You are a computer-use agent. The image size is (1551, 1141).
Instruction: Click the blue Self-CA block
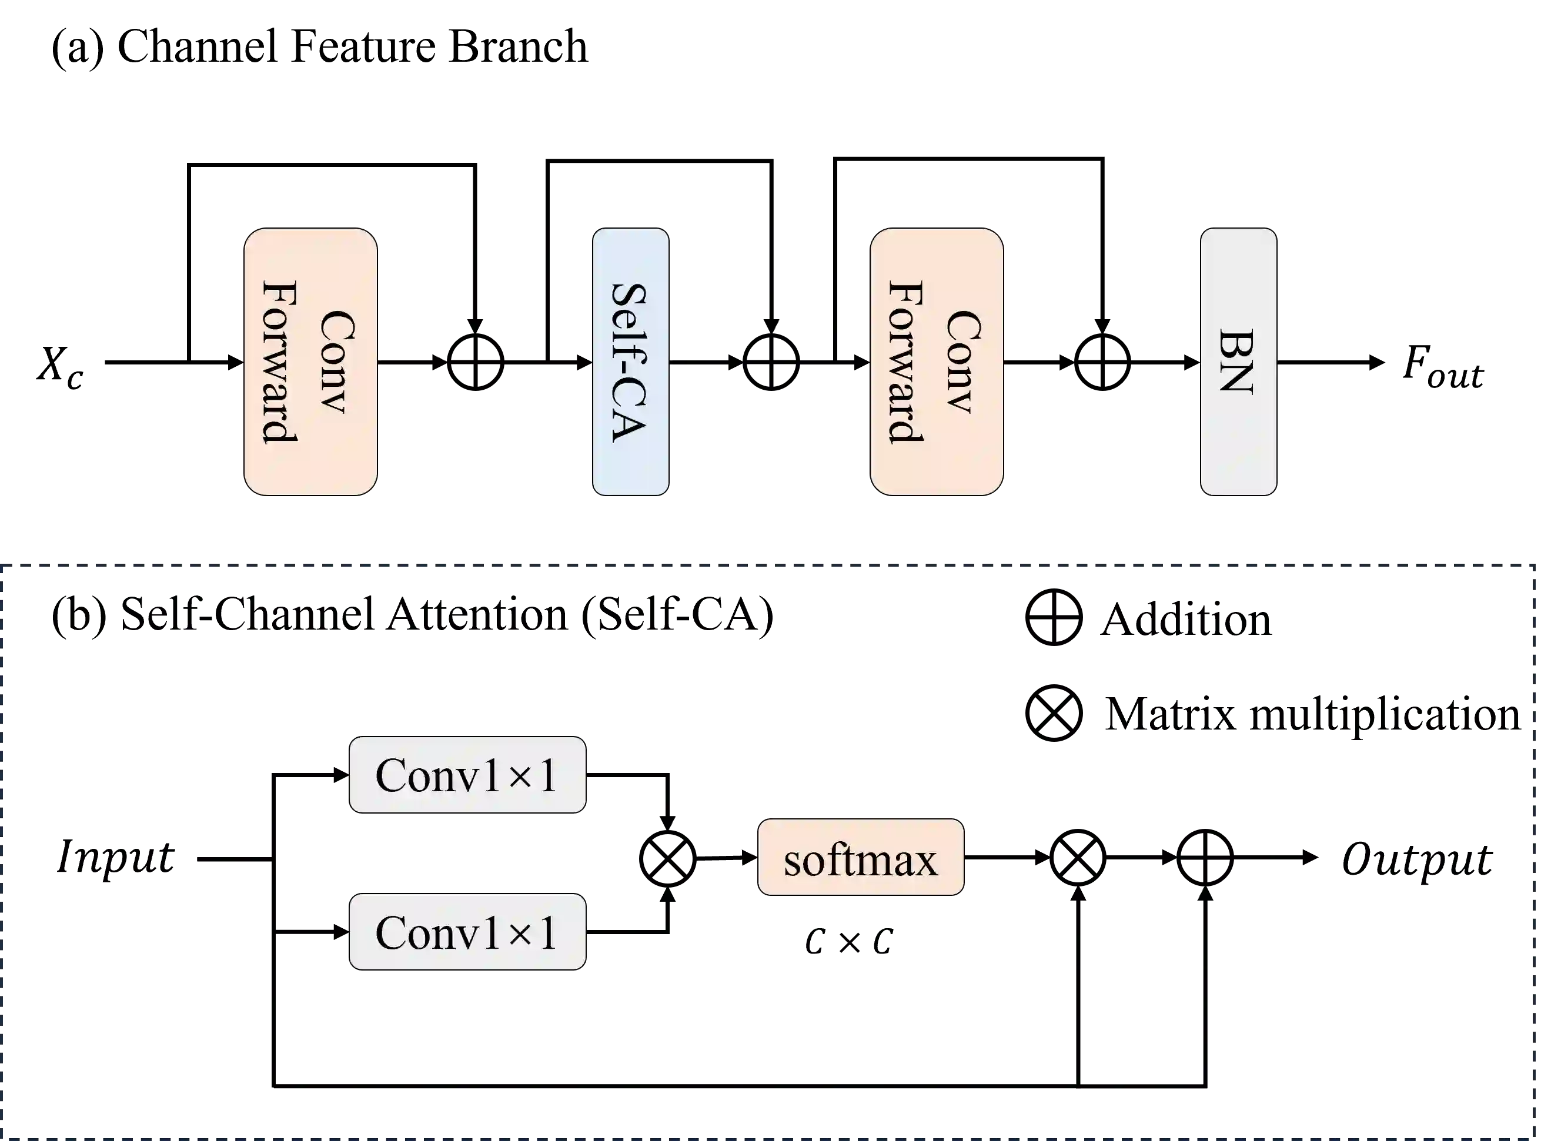pyautogui.click(x=630, y=361)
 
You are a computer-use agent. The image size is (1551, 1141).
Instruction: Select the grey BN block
pyautogui.click(x=1238, y=361)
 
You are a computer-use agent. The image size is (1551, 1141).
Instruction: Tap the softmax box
pyautogui.click(x=860, y=858)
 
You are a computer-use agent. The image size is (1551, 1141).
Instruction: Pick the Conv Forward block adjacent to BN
pyautogui.click(x=937, y=361)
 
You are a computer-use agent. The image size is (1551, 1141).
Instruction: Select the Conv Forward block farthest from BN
pyautogui.click(x=310, y=361)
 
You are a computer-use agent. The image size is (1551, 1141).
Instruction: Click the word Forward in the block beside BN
pyautogui.click(x=905, y=361)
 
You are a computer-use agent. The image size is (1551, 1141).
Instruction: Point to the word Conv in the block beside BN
pyautogui.click(x=963, y=361)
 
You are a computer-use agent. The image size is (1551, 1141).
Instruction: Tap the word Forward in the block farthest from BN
pyautogui.click(x=280, y=361)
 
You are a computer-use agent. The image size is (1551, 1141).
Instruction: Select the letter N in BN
pyautogui.click(x=1236, y=379)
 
